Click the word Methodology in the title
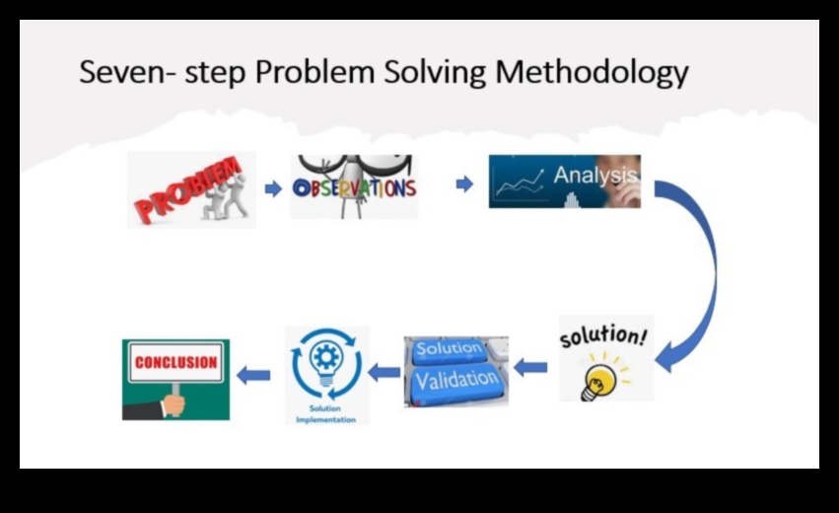point(592,73)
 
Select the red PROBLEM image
point(191,189)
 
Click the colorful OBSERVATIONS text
point(354,187)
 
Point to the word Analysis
point(595,175)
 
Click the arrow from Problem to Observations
point(273,188)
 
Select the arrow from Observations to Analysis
point(464,184)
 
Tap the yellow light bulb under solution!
point(598,381)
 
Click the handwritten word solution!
point(603,335)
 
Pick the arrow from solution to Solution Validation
point(530,367)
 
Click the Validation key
point(456,381)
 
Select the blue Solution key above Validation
point(449,349)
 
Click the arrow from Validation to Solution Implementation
point(385,372)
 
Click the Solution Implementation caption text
point(325,414)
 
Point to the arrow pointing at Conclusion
point(253,375)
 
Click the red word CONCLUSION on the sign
point(176,362)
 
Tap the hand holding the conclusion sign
point(174,404)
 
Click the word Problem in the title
point(315,72)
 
